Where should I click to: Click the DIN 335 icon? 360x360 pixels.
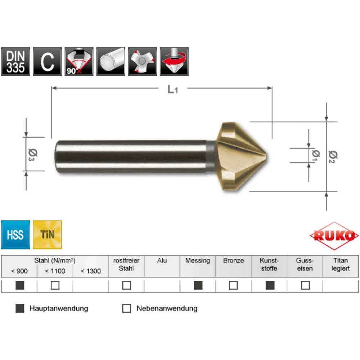click(x=15, y=62)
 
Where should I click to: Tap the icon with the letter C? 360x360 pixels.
click(x=47, y=62)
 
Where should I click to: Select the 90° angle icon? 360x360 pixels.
click(x=79, y=62)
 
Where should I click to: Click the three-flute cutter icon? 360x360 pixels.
click(x=143, y=62)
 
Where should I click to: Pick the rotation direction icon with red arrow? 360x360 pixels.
click(x=174, y=62)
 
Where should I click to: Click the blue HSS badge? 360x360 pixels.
click(x=15, y=235)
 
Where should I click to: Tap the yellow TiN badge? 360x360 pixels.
click(x=47, y=235)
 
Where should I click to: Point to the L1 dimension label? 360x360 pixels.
click(x=173, y=89)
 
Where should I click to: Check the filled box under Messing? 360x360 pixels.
click(x=198, y=285)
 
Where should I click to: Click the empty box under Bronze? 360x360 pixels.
click(x=233, y=285)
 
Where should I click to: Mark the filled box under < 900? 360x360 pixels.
click(x=20, y=285)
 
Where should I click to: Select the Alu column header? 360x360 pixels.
click(x=162, y=260)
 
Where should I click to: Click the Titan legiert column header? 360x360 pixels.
click(x=341, y=264)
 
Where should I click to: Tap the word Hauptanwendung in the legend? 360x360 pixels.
click(x=59, y=309)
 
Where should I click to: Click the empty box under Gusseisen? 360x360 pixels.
click(x=305, y=285)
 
